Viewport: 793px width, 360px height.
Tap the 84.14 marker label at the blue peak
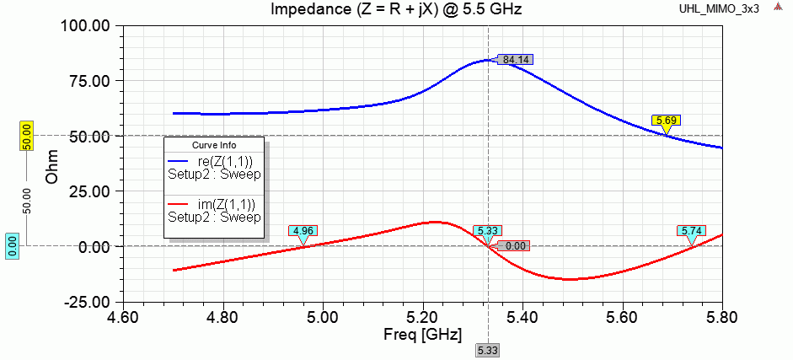pos(515,60)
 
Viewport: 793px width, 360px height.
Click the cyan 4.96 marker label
pos(302,230)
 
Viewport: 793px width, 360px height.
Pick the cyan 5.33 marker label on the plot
pos(486,230)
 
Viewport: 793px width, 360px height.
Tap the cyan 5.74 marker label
pos(692,230)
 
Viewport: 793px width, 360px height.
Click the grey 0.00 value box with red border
pos(514,246)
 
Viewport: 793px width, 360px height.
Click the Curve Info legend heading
pos(213,145)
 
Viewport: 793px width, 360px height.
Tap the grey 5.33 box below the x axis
pos(487,350)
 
